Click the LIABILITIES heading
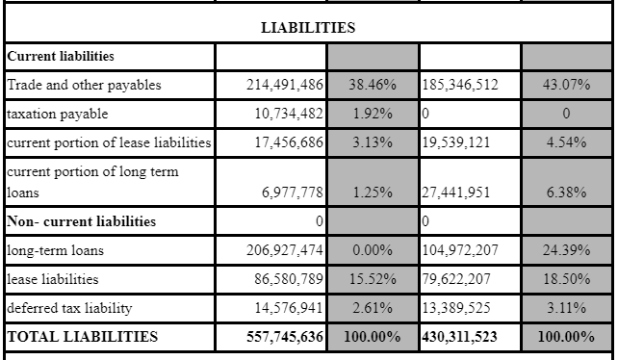click(308, 28)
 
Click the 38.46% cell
click(373, 85)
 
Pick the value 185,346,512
click(461, 85)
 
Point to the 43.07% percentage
click(566, 85)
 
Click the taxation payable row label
click(59, 114)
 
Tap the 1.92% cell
click(373, 114)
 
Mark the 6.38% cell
click(566, 192)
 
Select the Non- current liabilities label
click(81, 221)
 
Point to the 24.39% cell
click(566, 250)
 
